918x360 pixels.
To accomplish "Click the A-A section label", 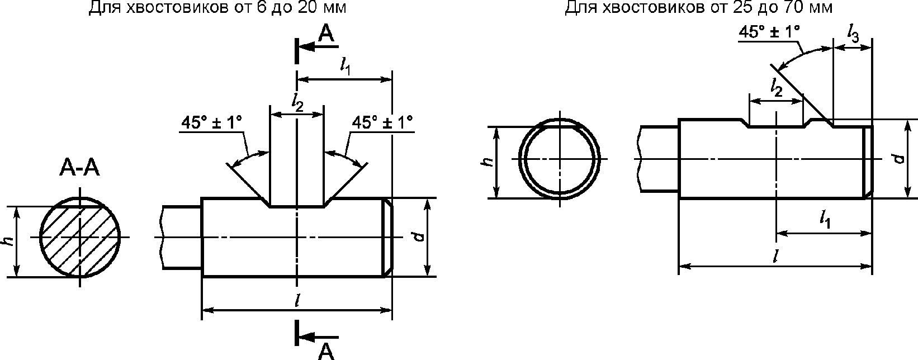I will (79, 167).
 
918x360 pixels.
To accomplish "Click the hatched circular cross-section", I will (81, 238).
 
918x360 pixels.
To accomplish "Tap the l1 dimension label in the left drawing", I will (346, 67).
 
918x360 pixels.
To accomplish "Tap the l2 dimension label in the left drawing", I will (297, 101).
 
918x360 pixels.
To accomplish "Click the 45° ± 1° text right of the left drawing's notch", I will (383, 122).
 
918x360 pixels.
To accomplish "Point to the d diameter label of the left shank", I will (420, 237).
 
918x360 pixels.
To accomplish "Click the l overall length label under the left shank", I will (296, 301).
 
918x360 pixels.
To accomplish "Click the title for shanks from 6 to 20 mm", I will (217, 8).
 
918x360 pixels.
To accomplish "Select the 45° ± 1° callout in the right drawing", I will (769, 32).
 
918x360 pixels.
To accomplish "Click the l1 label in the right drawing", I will (825, 221).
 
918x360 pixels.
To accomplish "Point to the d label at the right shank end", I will (898, 159).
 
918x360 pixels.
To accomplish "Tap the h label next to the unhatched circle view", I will (488, 162).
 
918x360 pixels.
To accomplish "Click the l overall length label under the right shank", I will (775, 257).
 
